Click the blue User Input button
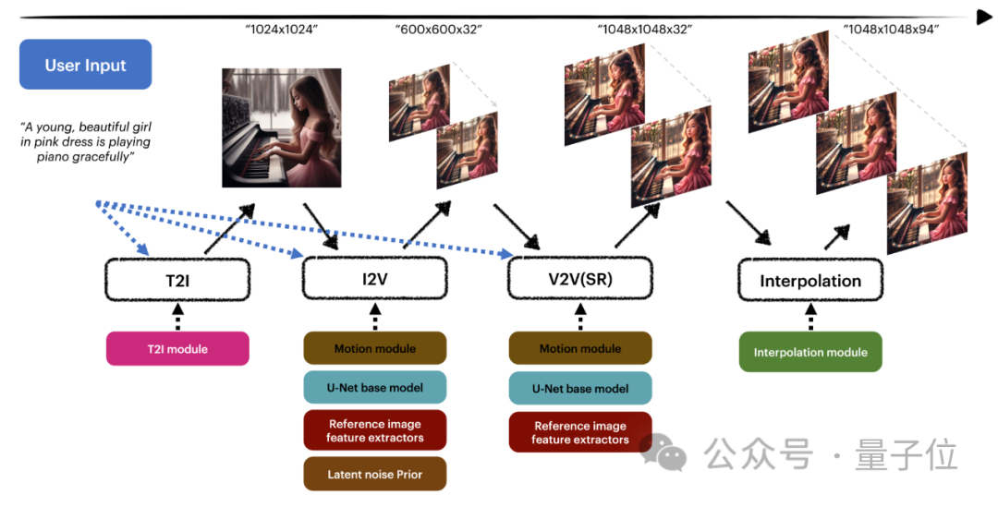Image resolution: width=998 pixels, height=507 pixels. [85, 65]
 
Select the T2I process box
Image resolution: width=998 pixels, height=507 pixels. [177, 280]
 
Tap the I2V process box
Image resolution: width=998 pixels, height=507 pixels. [374, 280]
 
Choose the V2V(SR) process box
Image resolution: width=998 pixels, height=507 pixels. [579, 280]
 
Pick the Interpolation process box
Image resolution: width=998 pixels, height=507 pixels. [810, 281]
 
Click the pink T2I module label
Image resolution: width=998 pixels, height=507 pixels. [177, 349]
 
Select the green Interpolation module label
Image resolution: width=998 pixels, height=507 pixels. [810, 352]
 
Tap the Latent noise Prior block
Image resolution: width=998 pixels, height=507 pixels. [374, 474]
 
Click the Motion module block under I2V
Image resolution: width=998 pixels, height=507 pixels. [374, 348]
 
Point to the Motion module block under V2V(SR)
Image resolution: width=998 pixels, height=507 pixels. [579, 348]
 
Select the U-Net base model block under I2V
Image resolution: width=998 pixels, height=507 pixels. [374, 388]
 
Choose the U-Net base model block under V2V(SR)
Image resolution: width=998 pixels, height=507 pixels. [579, 389]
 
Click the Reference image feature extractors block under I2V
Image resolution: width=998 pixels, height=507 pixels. [374, 430]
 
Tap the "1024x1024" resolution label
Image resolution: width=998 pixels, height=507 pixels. [281, 30]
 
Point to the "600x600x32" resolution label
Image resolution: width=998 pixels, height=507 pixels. [438, 30]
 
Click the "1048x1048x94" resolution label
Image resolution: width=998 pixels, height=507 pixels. [891, 30]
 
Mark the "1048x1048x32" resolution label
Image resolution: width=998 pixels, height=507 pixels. [644, 30]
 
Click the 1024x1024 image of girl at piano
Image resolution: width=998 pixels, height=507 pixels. [281, 127]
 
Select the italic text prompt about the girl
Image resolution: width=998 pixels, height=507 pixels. [85, 142]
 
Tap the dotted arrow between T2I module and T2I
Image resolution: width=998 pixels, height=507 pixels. [177, 316]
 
